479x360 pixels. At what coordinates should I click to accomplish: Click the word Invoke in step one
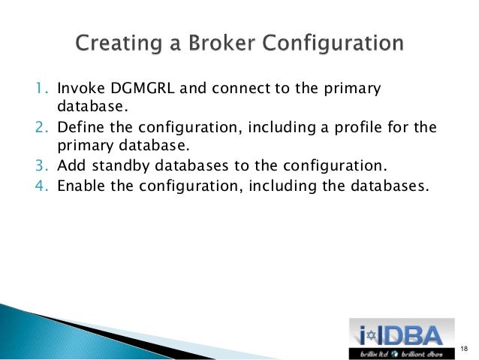pyautogui.click(x=78, y=90)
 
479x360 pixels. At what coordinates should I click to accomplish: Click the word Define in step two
pyautogui.click(x=79, y=128)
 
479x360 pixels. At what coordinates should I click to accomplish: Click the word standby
pyautogui.click(x=119, y=165)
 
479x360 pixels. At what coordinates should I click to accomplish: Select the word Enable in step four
pyautogui.click(x=80, y=184)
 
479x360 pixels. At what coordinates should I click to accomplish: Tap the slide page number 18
pyautogui.click(x=463, y=347)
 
